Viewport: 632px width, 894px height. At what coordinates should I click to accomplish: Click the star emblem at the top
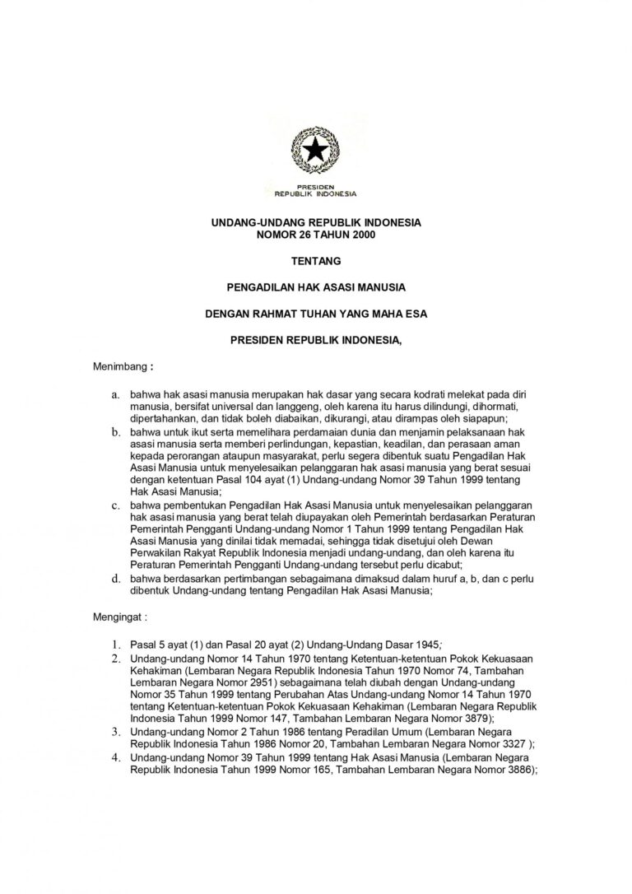[x=315, y=150]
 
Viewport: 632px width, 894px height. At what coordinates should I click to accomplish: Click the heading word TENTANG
[x=315, y=262]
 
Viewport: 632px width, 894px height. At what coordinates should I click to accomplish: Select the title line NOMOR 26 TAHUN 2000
[x=315, y=235]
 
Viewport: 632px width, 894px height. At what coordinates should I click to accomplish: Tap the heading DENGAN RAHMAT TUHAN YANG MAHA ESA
[x=315, y=313]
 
